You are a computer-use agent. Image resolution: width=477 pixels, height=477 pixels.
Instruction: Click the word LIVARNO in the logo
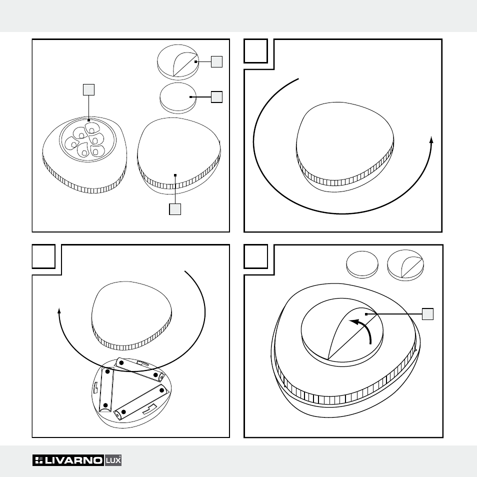click(x=73, y=460)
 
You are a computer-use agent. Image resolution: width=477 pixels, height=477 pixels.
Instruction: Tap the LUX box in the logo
click(x=113, y=460)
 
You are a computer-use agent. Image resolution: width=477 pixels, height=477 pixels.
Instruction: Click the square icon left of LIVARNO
click(x=39, y=460)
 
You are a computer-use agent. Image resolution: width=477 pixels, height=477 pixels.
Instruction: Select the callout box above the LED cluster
click(x=88, y=89)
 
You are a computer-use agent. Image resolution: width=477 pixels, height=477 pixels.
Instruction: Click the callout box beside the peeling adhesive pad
click(x=216, y=62)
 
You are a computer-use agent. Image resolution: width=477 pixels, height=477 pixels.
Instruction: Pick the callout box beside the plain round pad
click(x=216, y=97)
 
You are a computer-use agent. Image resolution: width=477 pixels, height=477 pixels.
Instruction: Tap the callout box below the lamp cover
click(x=175, y=209)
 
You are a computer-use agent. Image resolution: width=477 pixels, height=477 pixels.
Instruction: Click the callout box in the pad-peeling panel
click(x=427, y=314)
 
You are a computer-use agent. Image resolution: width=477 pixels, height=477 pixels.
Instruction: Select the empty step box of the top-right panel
click(x=256, y=51)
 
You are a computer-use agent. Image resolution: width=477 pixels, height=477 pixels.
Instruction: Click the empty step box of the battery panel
click(x=44, y=256)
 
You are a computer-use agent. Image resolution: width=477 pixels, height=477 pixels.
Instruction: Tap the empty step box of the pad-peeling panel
click(x=256, y=256)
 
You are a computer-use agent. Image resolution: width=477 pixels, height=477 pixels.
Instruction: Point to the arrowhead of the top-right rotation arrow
click(x=431, y=139)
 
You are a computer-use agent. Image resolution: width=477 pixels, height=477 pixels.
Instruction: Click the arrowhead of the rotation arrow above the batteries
click(x=59, y=310)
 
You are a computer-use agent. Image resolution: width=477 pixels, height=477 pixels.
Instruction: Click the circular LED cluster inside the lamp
click(x=87, y=139)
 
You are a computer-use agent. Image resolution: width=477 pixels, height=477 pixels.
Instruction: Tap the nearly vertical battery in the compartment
click(x=106, y=389)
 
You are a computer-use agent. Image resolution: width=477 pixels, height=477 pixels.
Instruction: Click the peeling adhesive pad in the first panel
click(x=178, y=62)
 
